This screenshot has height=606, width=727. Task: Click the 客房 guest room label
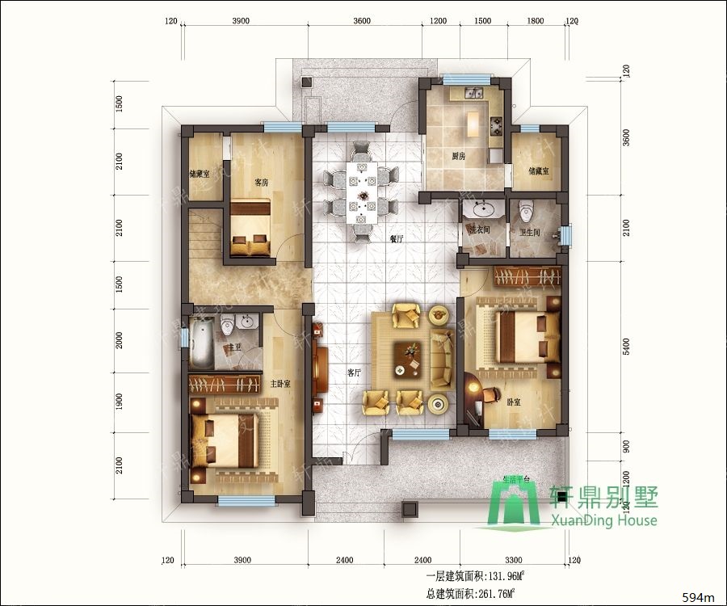(261, 183)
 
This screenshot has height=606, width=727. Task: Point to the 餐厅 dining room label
(396, 239)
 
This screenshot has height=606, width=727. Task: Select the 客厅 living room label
(354, 373)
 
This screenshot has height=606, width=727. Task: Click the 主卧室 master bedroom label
(280, 384)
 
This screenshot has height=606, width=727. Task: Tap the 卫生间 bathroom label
(531, 233)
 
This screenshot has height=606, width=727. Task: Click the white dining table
(360, 191)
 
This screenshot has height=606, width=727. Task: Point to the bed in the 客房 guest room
(251, 229)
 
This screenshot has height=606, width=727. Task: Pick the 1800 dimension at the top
(535, 21)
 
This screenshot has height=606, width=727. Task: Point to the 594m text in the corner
(700, 597)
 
